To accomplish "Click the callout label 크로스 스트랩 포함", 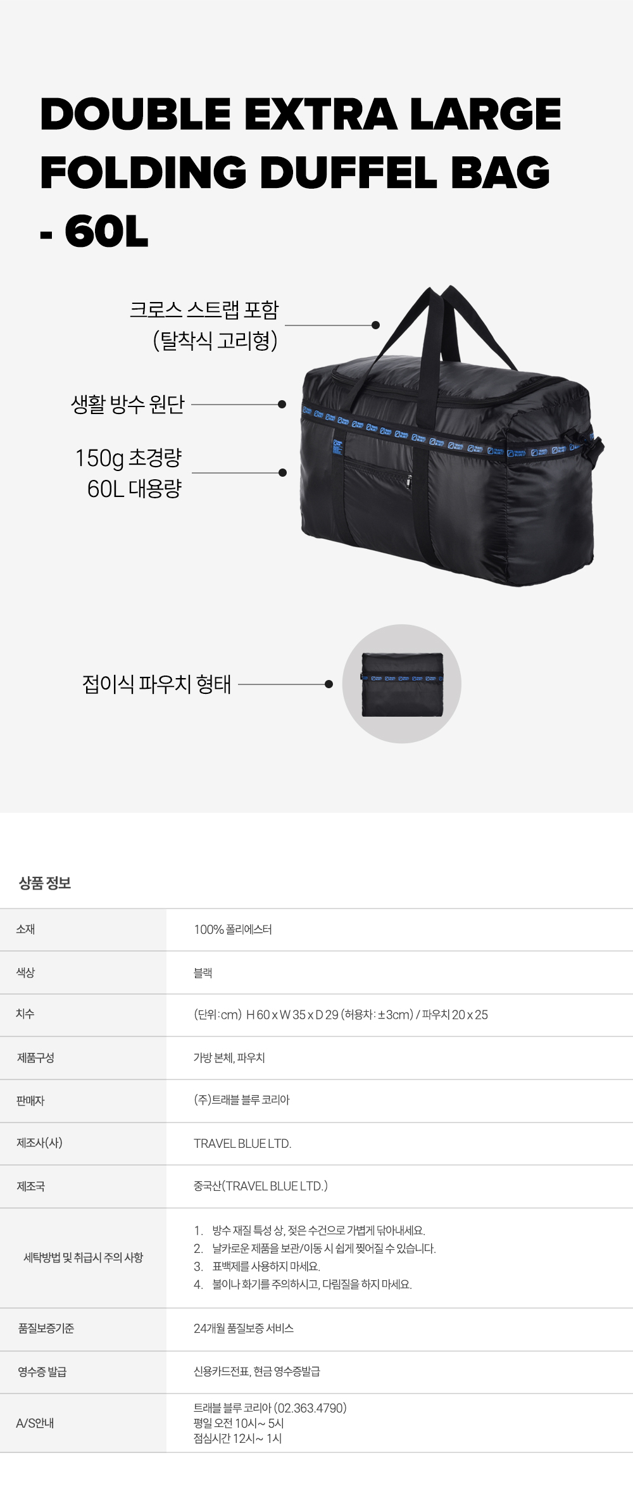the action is [204, 310].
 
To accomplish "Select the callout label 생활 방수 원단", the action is [127, 404].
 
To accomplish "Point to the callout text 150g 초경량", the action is [128, 458].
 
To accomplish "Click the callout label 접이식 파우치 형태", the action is [156, 684].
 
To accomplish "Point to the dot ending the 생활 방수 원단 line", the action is [282, 404].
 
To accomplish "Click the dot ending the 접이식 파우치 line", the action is [329, 684].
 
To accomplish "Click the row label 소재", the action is [25, 929].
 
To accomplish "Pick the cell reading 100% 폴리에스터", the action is [232, 929].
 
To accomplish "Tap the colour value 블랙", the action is [203, 972].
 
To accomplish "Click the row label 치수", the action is [25, 1014].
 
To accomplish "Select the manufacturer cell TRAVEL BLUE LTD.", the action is [242, 1143].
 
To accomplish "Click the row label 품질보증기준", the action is [46, 1328].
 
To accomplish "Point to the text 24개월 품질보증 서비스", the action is [243, 1328].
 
